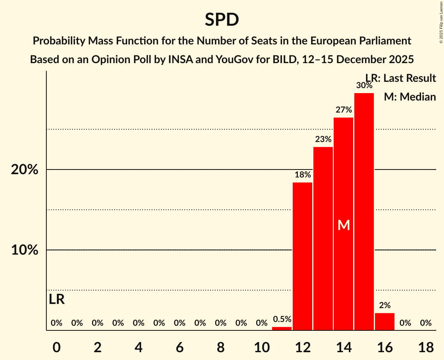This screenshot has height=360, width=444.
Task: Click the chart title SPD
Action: pyautogui.click(x=222, y=19)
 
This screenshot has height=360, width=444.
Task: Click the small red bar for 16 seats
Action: pyautogui.click(x=385, y=321)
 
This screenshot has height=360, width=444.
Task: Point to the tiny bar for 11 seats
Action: pyautogui.click(x=282, y=328)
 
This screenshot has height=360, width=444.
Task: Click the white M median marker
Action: pyautogui.click(x=343, y=225)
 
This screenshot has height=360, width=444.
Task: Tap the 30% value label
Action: pyautogui.click(x=364, y=85)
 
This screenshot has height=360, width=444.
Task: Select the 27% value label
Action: pyautogui.click(x=343, y=110)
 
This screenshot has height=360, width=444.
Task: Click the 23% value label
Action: pyautogui.click(x=323, y=139)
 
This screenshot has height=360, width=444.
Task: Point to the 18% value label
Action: pyautogui.click(x=302, y=175)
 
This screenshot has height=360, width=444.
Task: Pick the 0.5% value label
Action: pyautogui.click(x=282, y=319)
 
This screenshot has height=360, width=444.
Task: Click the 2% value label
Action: pyautogui.click(x=385, y=305)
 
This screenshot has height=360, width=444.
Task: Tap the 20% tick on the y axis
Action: pyautogui.click(x=24, y=170)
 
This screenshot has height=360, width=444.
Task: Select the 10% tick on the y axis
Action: pyautogui.click(x=24, y=250)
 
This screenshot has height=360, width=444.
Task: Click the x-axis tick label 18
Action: pyautogui.click(x=426, y=347)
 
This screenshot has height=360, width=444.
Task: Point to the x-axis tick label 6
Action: pyautogui.click(x=179, y=347)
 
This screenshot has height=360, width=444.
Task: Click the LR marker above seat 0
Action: pyautogui.click(x=57, y=300)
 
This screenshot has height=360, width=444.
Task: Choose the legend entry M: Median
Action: pyautogui.click(x=410, y=97)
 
